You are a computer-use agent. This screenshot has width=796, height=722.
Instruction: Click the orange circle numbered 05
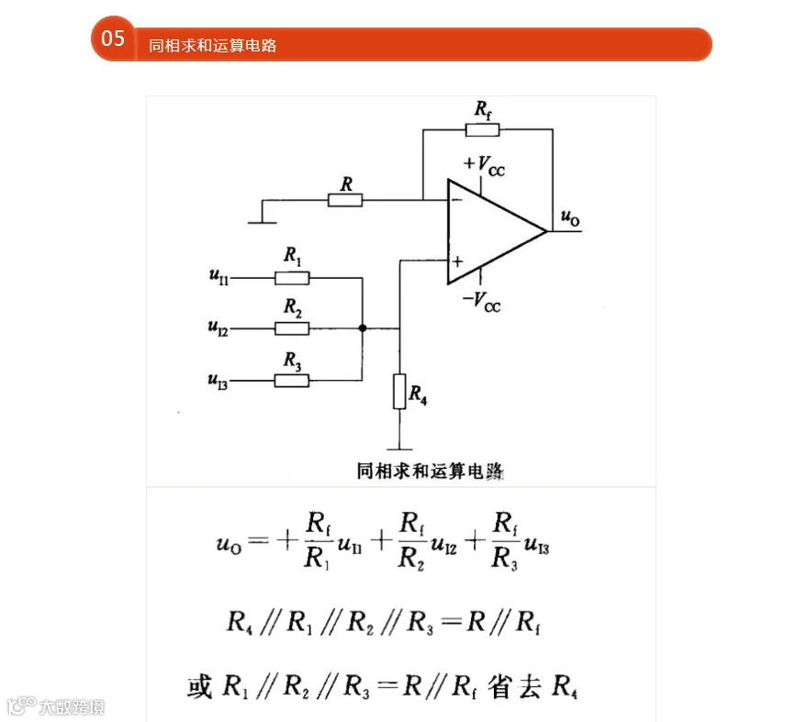click(113, 39)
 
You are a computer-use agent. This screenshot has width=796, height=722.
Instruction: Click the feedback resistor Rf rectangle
click(482, 130)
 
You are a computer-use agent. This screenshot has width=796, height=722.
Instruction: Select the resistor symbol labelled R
click(345, 200)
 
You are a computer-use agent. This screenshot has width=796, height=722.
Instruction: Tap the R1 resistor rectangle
click(292, 278)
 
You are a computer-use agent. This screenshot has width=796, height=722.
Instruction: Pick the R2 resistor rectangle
click(292, 328)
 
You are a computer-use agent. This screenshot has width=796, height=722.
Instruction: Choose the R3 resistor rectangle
click(292, 381)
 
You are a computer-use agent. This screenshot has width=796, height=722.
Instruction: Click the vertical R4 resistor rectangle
click(399, 391)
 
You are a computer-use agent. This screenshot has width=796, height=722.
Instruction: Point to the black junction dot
click(363, 328)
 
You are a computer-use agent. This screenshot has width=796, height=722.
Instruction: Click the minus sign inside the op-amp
click(457, 199)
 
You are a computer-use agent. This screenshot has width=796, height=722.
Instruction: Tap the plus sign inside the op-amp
click(457, 261)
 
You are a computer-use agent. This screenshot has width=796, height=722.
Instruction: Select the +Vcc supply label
click(484, 165)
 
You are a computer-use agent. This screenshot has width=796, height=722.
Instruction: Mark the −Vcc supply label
click(481, 302)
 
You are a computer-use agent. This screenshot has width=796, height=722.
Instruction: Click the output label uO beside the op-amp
click(570, 217)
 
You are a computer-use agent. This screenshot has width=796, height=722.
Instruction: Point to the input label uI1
click(219, 276)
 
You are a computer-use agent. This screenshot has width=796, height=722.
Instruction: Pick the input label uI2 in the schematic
click(218, 328)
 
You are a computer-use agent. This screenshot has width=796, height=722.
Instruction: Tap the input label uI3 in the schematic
click(218, 381)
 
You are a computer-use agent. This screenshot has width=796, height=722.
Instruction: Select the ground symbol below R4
click(399, 449)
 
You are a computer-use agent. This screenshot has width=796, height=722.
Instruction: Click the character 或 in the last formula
click(199, 687)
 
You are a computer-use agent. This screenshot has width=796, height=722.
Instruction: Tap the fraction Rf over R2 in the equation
click(411, 541)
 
